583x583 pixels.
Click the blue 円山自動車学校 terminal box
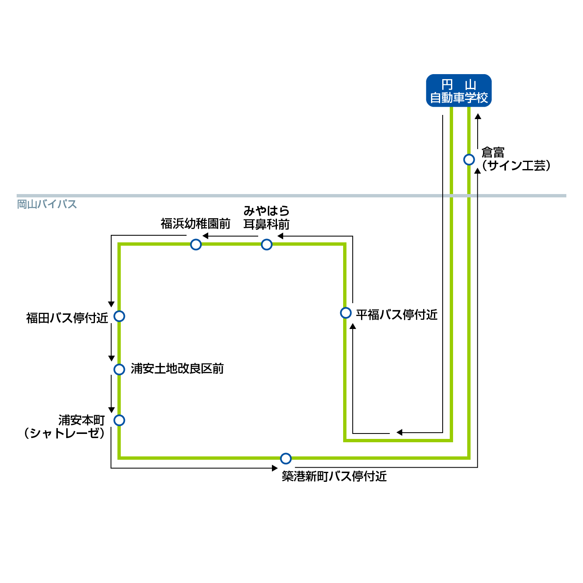pos(459,91)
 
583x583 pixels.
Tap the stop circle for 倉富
pos(469,159)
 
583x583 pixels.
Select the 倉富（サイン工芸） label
pos(516,159)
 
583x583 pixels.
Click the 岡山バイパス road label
pos(47,204)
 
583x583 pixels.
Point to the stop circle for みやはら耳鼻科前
pos(267,244)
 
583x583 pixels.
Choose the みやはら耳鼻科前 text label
pos(267,218)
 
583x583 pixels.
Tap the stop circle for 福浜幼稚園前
pos(196,244)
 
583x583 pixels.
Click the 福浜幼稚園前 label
pos(195,224)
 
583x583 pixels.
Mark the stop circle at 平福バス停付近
pos(346,313)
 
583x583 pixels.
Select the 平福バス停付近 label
pos(396,315)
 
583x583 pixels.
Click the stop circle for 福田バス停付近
pos(120,316)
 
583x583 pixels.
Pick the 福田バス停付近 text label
pos(67,318)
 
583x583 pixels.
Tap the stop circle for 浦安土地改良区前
pos(120,369)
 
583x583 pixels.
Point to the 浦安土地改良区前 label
pos(177,369)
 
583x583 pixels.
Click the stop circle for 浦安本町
pos(120,420)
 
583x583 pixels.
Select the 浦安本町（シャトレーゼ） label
pos(65,427)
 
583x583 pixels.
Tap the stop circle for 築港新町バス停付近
pos(286,458)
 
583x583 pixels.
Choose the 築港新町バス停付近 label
pos(334,476)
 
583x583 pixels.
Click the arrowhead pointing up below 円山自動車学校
pos(478,117)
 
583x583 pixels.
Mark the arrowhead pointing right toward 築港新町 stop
pos(274,468)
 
